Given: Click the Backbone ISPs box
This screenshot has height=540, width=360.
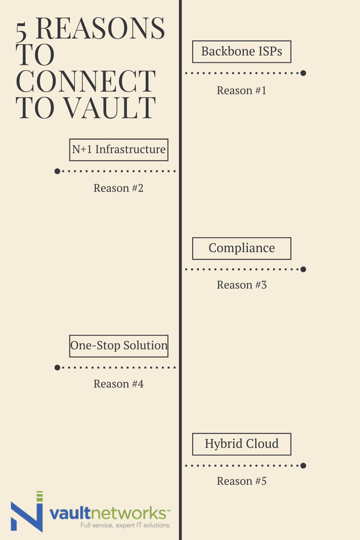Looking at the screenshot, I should [242, 52].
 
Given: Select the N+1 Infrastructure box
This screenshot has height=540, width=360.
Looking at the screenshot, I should [119, 150].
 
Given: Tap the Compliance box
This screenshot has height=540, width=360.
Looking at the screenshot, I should [242, 248].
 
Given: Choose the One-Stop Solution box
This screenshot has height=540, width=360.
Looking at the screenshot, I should [119, 346].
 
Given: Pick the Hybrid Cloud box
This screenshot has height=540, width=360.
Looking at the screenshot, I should [242, 444].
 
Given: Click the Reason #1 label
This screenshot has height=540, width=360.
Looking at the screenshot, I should [242, 90].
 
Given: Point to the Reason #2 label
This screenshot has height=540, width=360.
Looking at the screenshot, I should [118, 188].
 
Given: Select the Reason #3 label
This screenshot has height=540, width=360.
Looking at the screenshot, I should [242, 285].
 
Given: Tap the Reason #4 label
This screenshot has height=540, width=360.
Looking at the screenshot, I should [118, 384].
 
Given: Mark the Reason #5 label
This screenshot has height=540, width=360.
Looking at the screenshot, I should [242, 481].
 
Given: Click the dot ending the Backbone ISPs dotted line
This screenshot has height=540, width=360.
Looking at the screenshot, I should [303, 73].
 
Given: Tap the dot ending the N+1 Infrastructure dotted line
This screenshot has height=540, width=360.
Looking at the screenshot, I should [57, 171].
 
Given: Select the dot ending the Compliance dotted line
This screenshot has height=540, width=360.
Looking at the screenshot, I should [303, 269].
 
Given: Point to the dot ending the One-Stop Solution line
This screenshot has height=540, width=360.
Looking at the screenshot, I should [57, 367].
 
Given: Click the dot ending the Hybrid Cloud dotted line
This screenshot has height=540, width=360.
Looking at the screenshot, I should [303, 465].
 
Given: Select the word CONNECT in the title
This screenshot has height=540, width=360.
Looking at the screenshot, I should [85, 81].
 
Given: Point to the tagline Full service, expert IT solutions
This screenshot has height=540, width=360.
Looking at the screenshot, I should [125, 525].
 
